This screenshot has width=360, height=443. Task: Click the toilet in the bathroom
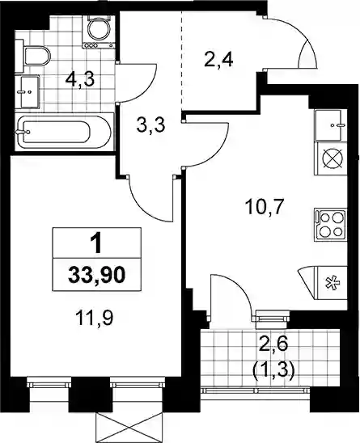tap(33, 56)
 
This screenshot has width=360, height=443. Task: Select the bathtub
tap(64, 132)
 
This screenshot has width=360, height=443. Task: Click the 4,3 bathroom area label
tap(79, 80)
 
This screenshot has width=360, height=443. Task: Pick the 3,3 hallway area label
tap(150, 125)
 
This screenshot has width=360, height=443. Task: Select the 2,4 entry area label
tap(218, 61)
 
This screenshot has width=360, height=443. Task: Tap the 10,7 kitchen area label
tap(264, 207)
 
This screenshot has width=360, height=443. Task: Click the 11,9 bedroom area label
tap(95, 318)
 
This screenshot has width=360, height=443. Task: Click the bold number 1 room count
tap(97, 244)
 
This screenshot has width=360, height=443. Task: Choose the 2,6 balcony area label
tap(274, 345)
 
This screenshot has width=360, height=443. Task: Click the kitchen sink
tap(331, 124)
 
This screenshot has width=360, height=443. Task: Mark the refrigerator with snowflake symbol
tap(331, 282)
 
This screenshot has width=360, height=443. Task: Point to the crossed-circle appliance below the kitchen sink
tap(331, 158)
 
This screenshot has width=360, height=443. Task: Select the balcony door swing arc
tap(240, 288)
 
